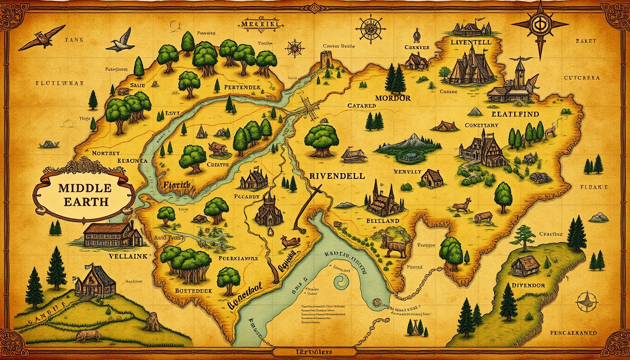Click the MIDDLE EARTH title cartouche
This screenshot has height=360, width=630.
point(85,195)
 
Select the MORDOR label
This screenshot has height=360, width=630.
point(393,98)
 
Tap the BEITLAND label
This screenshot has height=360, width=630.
point(383,220)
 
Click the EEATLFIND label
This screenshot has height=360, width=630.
point(515,114)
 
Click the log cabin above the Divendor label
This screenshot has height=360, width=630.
point(525,267)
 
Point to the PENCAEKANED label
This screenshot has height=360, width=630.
point(573,333)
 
